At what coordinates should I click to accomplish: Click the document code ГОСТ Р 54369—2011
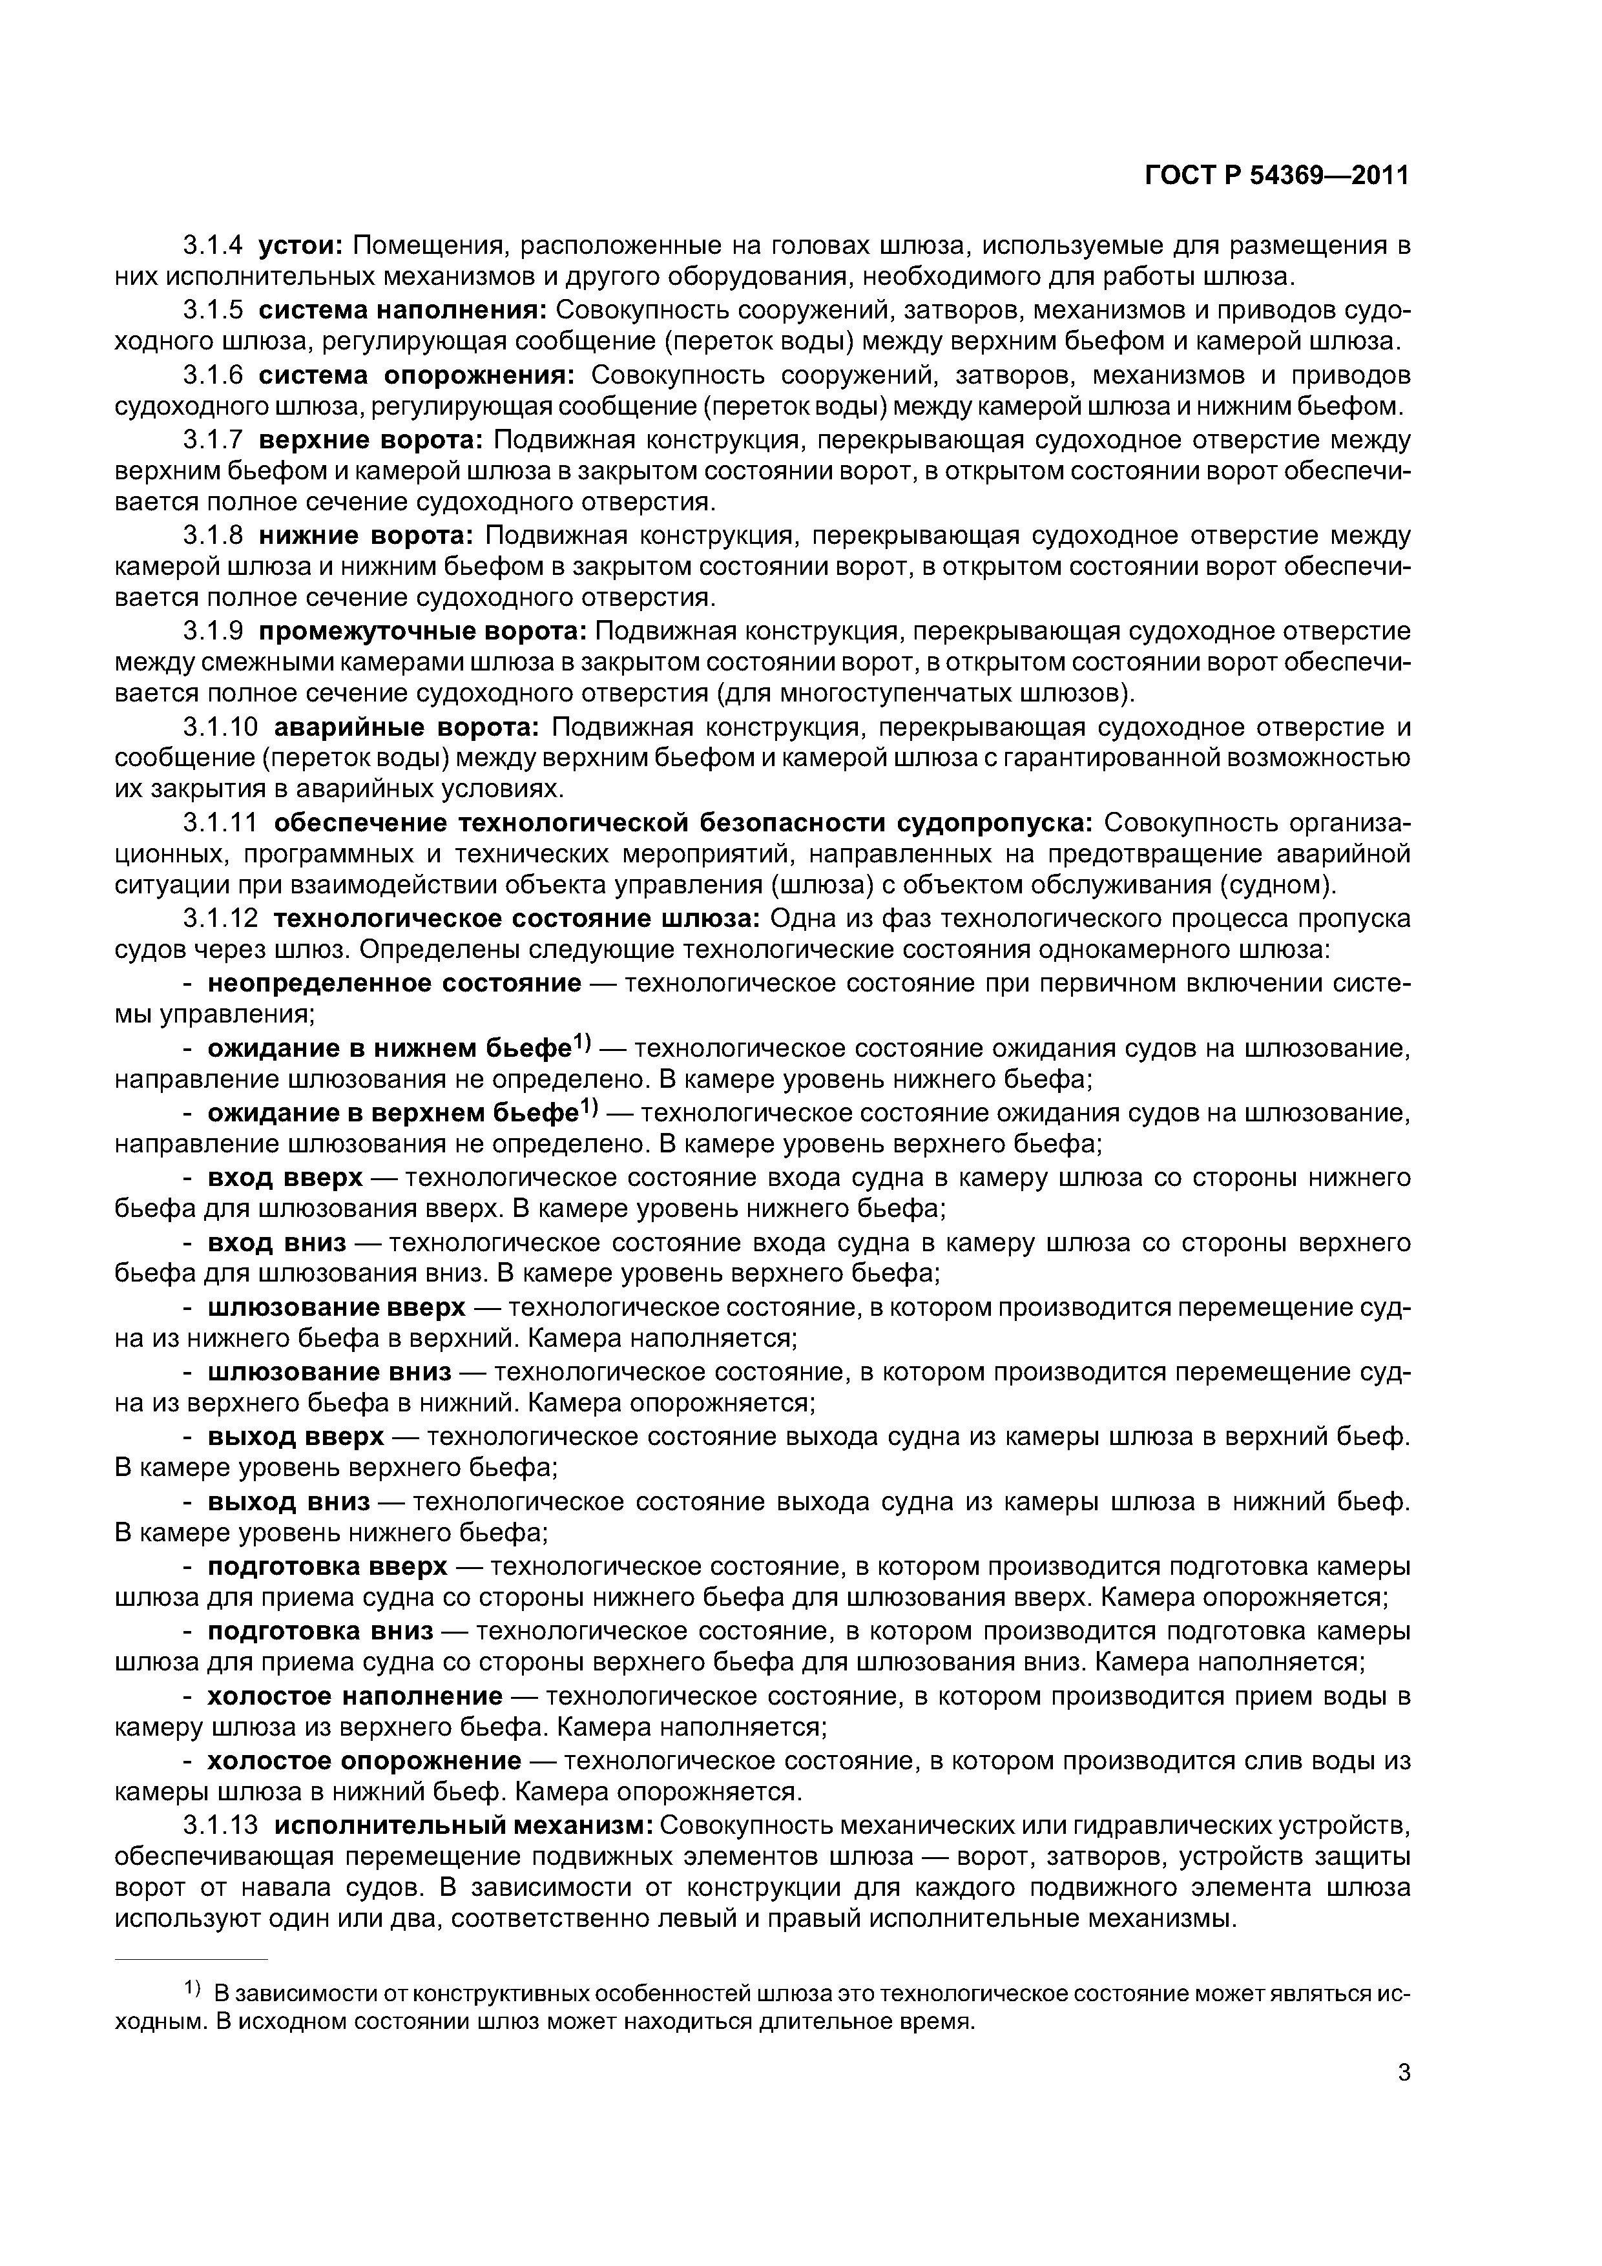[1276, 176]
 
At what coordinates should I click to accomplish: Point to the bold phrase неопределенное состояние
[394, 984]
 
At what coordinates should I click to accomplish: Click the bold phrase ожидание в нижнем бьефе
[390, 1049]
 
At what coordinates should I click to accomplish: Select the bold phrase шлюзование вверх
[336, 1307]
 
